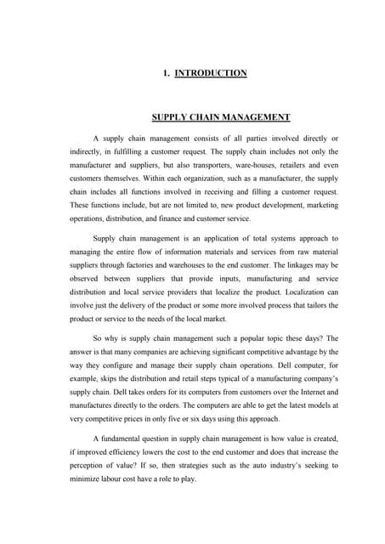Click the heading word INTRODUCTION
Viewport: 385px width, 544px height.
[x=211, y=73]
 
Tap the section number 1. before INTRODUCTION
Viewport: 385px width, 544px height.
[x=166, y=73]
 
